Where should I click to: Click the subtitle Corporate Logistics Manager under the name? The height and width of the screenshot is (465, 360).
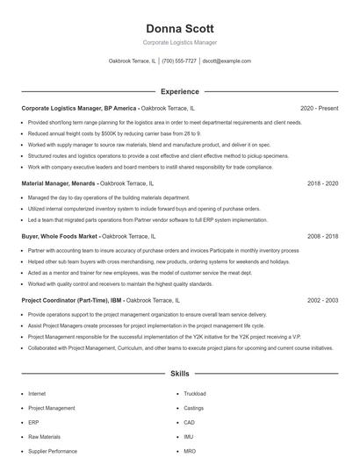pyautogui.click(x=179, y=42)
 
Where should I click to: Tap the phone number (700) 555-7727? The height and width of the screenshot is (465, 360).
pyautogui.click(x=179, y=61)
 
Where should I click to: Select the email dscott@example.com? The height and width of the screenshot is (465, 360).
pyautogui.click(x=227, y=61)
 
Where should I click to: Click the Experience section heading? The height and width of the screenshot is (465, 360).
pyautogui.click(x=179, y=91)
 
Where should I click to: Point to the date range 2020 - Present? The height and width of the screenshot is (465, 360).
pyautogui.click(x=319, y=108)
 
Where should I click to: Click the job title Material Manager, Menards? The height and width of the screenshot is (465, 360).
pyautogui.click(x=58, y=183)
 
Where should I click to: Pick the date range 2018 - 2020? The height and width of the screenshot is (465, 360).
pyautogui.click(x=322, y=183)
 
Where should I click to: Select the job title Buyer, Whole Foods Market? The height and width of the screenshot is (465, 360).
pyautogui.click(x=59, y=236)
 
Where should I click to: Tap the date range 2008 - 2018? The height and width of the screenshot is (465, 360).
pyautogui.click(x=322, y=236)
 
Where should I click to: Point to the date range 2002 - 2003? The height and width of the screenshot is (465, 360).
pyautogui.click(x=322, y=300)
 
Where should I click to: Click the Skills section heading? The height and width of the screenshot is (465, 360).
pyautogui.click(x=179, y=374)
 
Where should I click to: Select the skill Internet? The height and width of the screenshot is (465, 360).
pyautogui.click(x=37, y=394)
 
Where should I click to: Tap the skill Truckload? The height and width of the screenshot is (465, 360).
pyautogui.click(x=195, y=394)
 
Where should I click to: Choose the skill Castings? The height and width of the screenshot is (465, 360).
pyautogui.click(x=193, y=408)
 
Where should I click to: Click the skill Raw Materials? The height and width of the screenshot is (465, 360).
pyautogui.click(x=43, y=436)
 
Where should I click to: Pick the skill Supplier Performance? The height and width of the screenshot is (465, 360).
pyautogui.click(x=52, y=451)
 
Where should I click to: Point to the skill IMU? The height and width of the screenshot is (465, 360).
pyautogui.click(x=189, y=436)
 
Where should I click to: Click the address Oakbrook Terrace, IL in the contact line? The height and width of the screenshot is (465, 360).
pyautogui.click(x=133, y=61)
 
